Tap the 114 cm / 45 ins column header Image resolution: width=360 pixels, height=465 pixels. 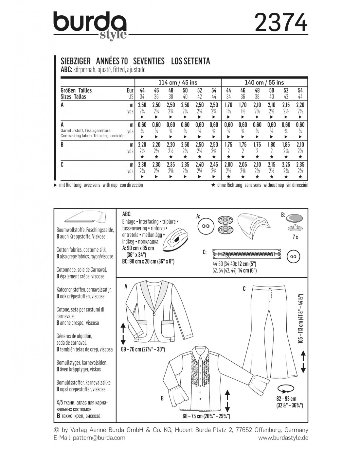pyautogui.click(x=173, y=82)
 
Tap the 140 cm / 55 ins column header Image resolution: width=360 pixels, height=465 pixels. pyautogui.click(x=264, y=82)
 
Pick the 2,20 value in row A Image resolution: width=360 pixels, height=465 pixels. pyautogui.click(x=300, y=105)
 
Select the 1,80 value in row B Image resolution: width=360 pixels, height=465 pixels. pyautogui.click(x=271, y=145)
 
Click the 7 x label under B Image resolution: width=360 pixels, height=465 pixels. pyautogui.click(x=295, y=237)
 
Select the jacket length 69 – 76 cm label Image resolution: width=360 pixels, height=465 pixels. pyautogui.click(x=143, y=350)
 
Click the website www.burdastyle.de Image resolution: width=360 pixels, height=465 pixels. pyautogui.click(x=283, y=438)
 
